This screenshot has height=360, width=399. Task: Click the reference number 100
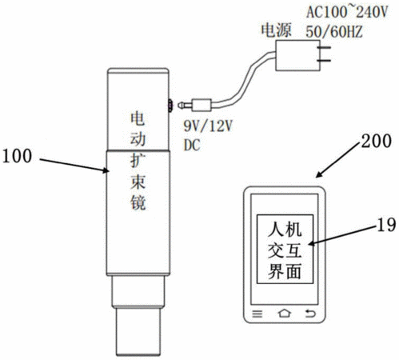(17, 156)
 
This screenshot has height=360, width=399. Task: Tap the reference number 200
(376, 141)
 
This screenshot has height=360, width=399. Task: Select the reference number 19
(386, 225)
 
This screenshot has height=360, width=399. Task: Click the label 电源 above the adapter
(276, 30)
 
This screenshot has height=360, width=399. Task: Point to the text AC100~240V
(347, 12)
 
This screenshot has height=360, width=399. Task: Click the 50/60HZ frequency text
(334, 31)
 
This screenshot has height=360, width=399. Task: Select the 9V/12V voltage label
(208, 126)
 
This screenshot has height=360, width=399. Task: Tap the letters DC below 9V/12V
(192, 145)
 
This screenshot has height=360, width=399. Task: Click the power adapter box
(297, 55)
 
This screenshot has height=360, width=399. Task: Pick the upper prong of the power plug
(325, 48)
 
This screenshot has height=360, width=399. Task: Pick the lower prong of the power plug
(325, 61)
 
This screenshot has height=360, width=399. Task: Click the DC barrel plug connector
(195, 105)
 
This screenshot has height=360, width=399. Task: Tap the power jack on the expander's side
(170, 106)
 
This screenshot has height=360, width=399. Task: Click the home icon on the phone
(285, 314)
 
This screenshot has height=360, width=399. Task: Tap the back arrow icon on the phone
(310, 314)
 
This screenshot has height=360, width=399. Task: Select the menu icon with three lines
(257, 314)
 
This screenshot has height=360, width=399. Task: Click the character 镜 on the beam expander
(138, 202)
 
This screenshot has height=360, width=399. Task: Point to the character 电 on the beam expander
(138, 118)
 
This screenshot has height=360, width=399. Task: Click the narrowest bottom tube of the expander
(138, 331)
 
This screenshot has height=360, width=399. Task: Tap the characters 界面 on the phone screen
(285, 272)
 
